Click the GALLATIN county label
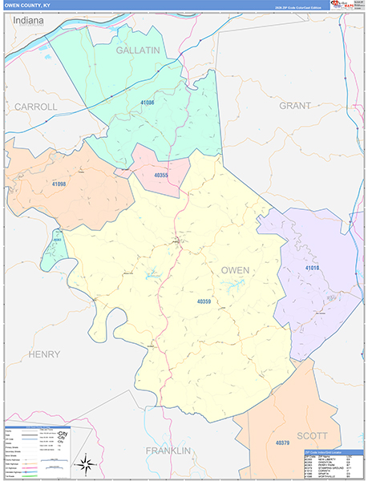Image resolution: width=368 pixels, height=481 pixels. pos(138,50)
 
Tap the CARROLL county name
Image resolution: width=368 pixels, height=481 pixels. pos(36,106)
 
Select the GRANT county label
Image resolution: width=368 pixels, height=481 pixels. pos(295,105)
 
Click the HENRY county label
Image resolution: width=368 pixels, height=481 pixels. pos(43,354)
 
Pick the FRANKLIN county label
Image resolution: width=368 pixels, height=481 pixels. pos(168,451)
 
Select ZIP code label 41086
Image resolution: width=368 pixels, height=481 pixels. pos(148,103)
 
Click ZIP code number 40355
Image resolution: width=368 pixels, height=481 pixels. pos(160,175)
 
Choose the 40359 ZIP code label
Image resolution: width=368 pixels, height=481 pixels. pos(204,301)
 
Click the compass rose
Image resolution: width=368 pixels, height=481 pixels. pos(85,463)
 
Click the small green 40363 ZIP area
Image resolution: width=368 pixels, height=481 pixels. pos(55,249)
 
